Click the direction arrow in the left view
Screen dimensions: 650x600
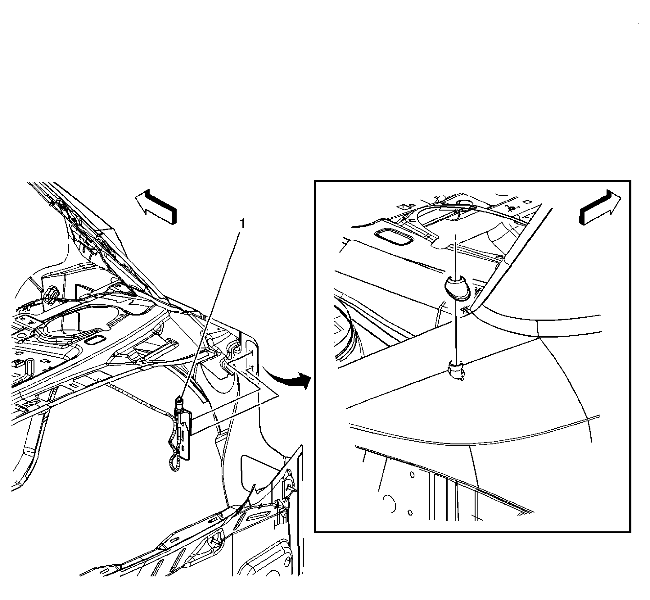click(x=156, y=206)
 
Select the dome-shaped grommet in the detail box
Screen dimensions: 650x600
click(x=457, y=287)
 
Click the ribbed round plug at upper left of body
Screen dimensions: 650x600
click(x=51, y=295)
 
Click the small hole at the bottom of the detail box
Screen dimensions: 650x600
click(x=410, y=513)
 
